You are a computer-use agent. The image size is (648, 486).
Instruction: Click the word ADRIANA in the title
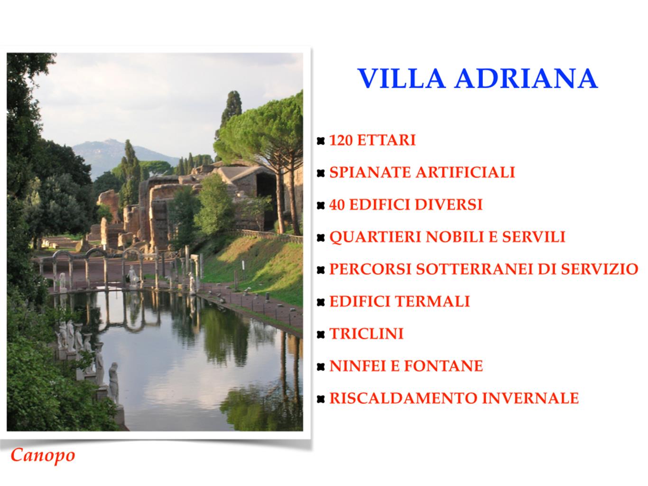point(527,78)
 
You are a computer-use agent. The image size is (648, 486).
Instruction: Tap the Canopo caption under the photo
point(43,456)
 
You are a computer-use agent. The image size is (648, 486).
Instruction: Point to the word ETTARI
point(387,140)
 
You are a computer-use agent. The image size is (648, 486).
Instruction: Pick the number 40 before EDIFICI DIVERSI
point(337,205)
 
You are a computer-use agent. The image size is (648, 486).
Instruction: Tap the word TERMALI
point(432,301)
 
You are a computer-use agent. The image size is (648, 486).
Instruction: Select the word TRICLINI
point(366,334)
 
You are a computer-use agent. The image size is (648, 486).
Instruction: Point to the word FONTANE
point(443,366)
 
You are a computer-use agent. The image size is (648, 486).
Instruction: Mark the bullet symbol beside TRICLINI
point(321,334)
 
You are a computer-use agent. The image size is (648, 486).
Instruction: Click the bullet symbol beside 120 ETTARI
point(321,141)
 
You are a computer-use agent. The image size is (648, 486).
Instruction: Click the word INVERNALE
point(530,398)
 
